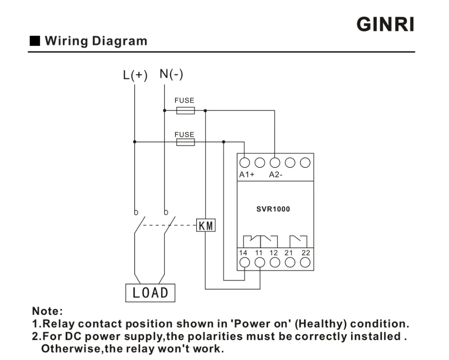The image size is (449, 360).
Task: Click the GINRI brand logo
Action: (385, 24)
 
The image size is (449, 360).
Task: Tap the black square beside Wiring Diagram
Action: (35, 41)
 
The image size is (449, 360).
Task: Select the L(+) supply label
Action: (135, 75)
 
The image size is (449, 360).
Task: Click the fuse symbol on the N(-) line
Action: (185, 110)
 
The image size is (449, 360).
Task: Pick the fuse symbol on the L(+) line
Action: (185, 142)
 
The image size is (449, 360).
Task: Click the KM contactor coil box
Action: (206, 225)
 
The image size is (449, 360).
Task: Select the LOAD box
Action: (150, 293)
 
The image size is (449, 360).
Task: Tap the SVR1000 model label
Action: (273, 209)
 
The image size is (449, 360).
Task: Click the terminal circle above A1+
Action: (245, 162)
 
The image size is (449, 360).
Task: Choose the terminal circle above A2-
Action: (275, 162)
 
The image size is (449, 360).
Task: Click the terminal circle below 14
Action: (245, 262)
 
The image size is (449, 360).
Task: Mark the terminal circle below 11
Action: (260, 262)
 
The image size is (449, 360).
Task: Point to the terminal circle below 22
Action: (305, 262)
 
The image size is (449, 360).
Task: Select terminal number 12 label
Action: (273, 253)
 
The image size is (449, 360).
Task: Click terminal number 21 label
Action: (289, 253)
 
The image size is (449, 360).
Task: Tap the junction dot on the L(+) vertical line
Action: (135, 142)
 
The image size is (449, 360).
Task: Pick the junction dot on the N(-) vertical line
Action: (164, 110)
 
